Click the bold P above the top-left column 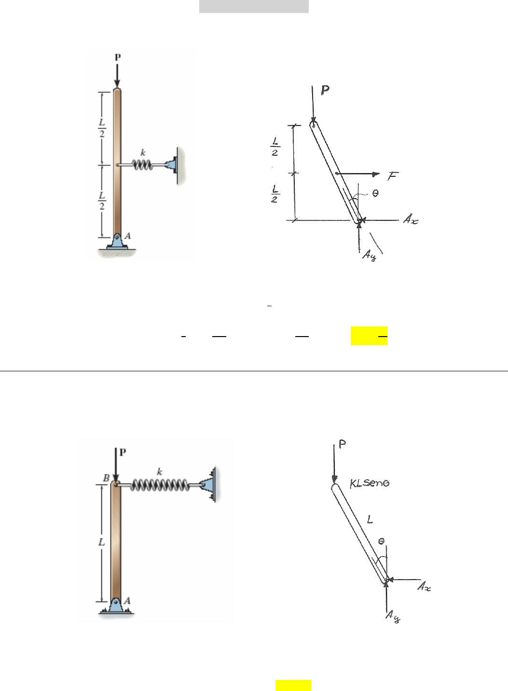click(x=118, y=57)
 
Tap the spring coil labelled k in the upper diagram click(x=142, y=165)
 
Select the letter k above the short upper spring click(x=143, y=152)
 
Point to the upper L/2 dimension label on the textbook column click(x=102, y=128)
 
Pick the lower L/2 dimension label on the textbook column click(x=102, y=201)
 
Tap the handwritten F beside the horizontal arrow click(x=393, y=176)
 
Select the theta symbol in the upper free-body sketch click(x=375, y=193)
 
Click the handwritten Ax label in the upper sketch click(x=411, y=219)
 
